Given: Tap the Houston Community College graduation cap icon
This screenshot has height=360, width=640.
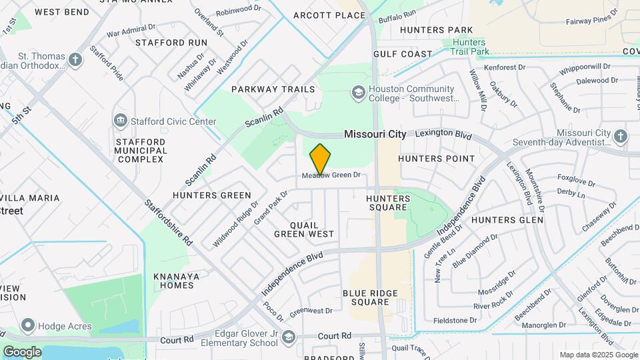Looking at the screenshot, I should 359,92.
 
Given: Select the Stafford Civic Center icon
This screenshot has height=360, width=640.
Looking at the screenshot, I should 121,121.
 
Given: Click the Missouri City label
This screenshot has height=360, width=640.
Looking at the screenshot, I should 375,134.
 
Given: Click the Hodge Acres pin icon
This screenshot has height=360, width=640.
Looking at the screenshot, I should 28,326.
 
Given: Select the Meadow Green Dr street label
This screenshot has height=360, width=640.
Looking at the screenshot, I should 331,175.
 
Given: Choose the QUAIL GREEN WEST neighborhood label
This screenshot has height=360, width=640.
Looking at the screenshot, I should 304,229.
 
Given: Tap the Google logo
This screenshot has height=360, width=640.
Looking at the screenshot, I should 22,351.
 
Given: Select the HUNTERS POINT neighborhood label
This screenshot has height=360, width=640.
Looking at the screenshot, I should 436,159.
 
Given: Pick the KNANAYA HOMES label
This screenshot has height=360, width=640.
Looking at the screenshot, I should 173,281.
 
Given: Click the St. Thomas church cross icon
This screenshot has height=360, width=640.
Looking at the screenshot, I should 75,60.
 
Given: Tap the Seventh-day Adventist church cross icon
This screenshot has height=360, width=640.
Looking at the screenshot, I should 621,137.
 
